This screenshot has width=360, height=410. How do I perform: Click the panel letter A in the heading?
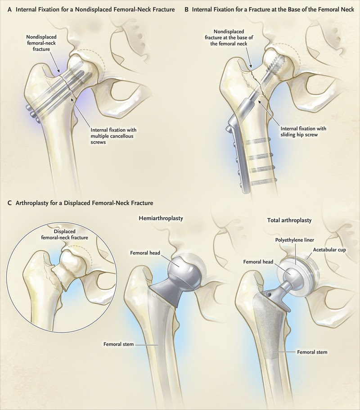[9, 10]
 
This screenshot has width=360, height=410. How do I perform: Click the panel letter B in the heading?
[186, 10]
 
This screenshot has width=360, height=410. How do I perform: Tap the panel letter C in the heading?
[9, 203]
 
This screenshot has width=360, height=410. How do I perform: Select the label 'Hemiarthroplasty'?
[161, 218]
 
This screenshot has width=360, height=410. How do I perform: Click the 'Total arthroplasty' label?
[289, 220]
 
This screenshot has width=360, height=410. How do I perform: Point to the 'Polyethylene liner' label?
[295, 240]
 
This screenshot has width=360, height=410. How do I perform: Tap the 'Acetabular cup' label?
[329, 250]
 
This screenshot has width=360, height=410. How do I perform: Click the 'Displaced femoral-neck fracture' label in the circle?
[65, 234]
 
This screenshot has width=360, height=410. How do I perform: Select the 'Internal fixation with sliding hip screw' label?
[303, 131]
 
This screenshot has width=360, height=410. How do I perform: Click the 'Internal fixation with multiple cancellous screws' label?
[113, 136]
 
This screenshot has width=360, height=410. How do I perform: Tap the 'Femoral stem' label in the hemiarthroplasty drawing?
[118, 344]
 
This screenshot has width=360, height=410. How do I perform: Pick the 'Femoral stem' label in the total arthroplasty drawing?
[312, 352]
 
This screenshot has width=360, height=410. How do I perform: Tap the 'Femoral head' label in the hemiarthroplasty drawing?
[145, 253]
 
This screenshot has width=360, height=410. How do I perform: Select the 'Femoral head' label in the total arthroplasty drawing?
[258, 262]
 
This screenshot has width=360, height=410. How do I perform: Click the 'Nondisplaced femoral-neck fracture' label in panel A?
[41, 43]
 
